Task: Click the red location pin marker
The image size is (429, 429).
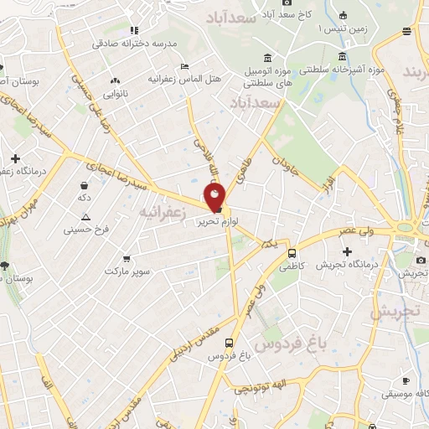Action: (x=215, y=198)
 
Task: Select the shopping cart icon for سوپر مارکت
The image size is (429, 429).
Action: (x=126, y=259)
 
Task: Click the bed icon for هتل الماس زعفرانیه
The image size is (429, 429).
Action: (x=184, y=65)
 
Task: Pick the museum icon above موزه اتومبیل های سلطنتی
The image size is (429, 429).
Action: (x=267, y=57)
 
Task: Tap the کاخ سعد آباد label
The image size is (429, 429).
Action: (x=291, y=15)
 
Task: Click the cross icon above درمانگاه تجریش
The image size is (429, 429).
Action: (x=347, y=251)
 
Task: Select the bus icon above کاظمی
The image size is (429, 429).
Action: (x=292, y=253)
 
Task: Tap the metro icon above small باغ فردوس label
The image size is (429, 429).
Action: (x=228, y=342)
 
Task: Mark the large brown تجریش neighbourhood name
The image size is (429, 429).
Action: (x=394, y=311)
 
